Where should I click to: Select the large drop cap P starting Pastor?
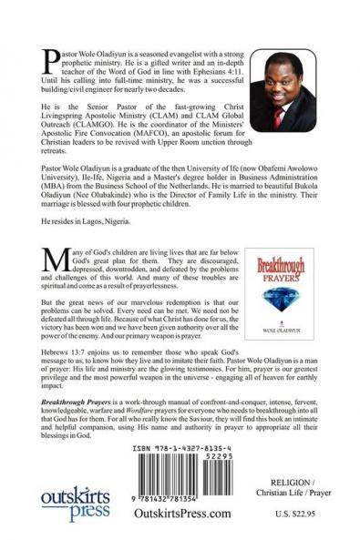click(50, 62)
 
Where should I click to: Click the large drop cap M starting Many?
click(53, 259)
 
